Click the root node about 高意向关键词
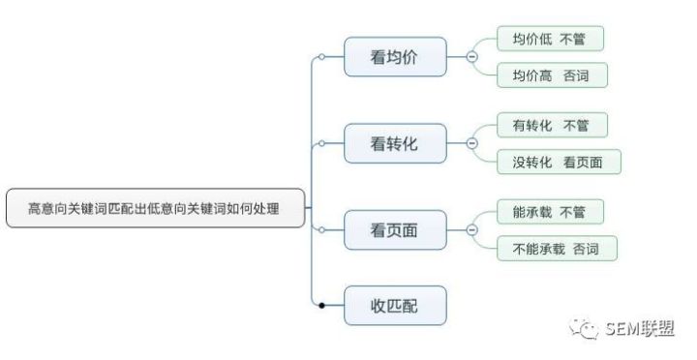coord(156,208)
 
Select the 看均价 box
coord(395,57)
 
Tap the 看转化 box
coord(395,143)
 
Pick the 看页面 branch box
coord(395,229)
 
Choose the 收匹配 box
coord(395,306)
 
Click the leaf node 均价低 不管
coord(550,39)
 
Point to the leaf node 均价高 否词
coord(552,75)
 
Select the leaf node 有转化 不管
coord(552,126)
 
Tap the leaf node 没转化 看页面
coord(559,162)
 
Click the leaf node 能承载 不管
coord(550,212)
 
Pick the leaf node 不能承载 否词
coord(557,249)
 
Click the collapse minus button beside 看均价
coord(472,57)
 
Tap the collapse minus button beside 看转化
coord(472,143)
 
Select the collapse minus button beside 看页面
coord(472,229)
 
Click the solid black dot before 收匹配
coord(321,306)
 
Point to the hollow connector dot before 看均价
coord(321,57)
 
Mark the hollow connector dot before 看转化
coord(321,143)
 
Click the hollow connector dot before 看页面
coord(321,229)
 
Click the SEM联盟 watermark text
coord(640,329)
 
